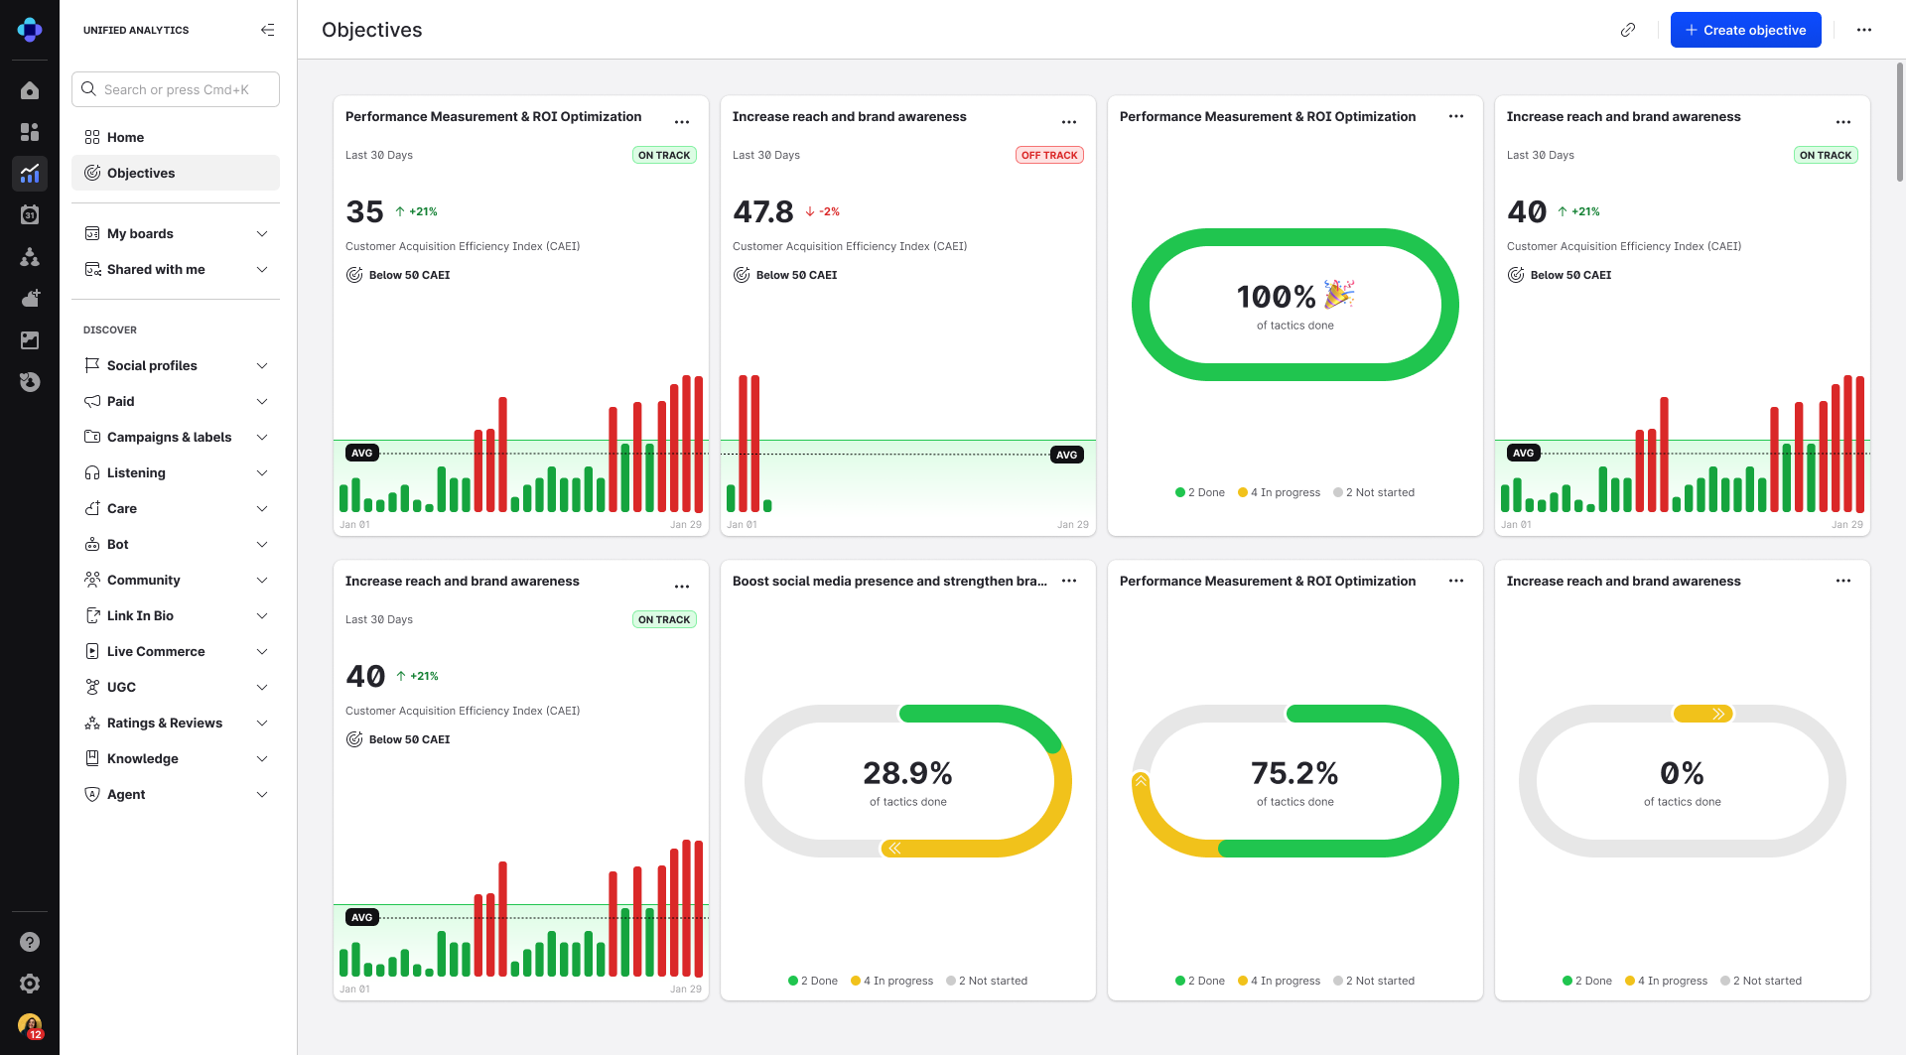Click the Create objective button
pyautogui.click(x=1745, y=30)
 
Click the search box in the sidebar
pyautogui.click(x=176, y=89)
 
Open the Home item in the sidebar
pyautogui.click(x=126, y=137)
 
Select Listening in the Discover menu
pyautogui.click(x=136, y=472)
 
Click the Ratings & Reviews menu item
pyautogui.click(x=165, y=723)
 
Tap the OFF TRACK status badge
pyautogui.click(x=1049, y=155)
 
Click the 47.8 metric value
pyautogui.click(x=763, y=211)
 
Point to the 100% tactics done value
pyautogui.click(x=1276, y=296)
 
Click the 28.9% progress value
pyautogui.click(x=907, y=772)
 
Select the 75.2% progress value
pyautogui.click(x=1294, y=772)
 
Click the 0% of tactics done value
pyautogui.click(x=1682, y=772)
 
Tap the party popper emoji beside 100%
pyautogui.click(x=1338, y=294)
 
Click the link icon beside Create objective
pyautogui.click(x=1628, y=30)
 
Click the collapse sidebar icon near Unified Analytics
pyautogui.click(x=267, y=30)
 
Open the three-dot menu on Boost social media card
pyautogui.click(x=1069, y=581)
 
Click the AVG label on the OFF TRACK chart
pyautogui.click(x=1066, y=455)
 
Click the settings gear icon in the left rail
pyautogui.click(x=30, y=984)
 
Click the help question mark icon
pyautogui.click(x=30, y=942)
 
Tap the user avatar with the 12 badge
pyautogui.click(x=30, y=1025)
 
